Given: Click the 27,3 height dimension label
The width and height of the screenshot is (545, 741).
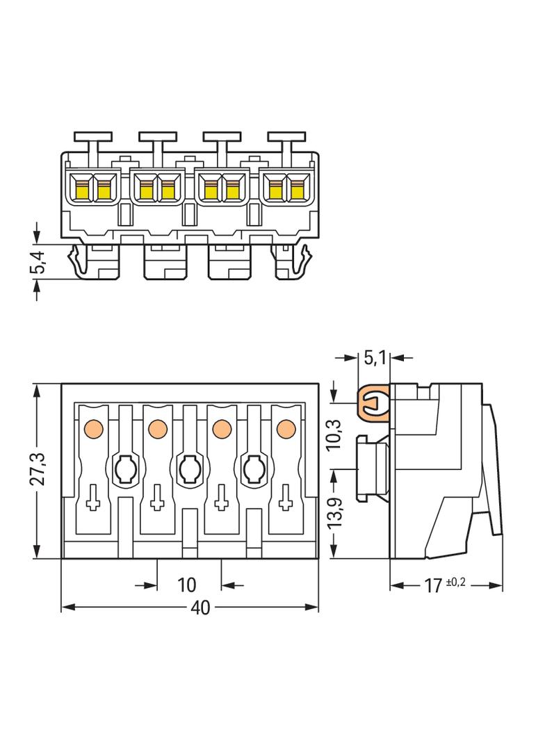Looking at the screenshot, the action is [x=38, y=469].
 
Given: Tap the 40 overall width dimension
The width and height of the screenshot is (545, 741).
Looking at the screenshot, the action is [x=200, y=608].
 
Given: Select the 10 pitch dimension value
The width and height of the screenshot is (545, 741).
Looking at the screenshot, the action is [x=187, y=585].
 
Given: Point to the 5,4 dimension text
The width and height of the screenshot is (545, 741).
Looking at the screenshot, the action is [x=38, y=262].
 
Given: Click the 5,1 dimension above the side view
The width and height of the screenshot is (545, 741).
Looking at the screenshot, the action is [x=375, y=358].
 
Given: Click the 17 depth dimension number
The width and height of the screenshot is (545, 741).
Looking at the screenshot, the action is [x=433, y=586].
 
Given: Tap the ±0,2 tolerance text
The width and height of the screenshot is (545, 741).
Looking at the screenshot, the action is [x=455, y=583].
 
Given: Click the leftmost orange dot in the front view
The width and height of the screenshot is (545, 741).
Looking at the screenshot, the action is [x=93, y=428].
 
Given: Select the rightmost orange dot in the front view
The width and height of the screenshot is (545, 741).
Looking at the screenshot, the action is [x=286, y=428].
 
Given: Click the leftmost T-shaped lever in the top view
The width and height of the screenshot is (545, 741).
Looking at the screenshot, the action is [x=93, y=142].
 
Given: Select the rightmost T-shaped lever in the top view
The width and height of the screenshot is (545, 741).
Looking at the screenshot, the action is [x=286, y=142].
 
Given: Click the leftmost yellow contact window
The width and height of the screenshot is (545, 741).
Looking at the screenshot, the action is [x=82, y=188].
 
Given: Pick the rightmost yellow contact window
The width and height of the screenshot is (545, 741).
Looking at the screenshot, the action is [x=298, y=188].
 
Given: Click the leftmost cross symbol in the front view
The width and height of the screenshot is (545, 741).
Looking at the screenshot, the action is [x=93, y=498].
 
